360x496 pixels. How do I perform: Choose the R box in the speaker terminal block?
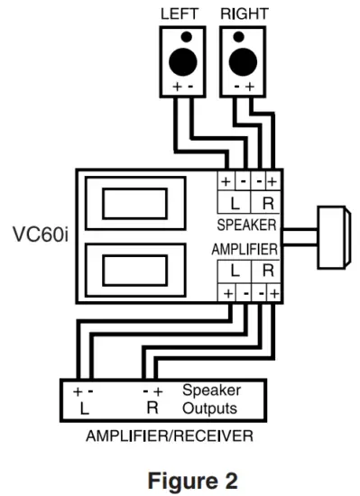click(x=267, y=202)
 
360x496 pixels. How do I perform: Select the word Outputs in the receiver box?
click(x=210, y=408)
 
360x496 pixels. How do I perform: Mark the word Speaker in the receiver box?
click(x=211, y=391)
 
